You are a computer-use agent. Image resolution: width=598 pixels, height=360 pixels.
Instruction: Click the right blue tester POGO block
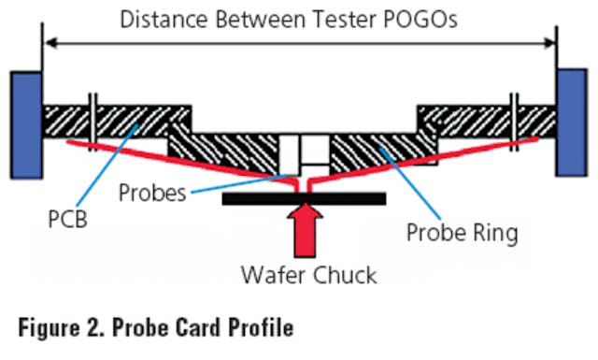click(x=571, y=122)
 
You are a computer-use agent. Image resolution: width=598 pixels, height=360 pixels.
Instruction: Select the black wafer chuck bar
click(x=304, y=198)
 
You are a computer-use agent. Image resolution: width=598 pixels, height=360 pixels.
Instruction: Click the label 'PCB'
click(x=64, y=225)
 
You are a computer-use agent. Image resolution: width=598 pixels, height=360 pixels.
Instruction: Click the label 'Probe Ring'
click(x=462, y=232)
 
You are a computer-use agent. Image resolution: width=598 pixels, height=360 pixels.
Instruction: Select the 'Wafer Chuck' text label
click(x=307, y=277)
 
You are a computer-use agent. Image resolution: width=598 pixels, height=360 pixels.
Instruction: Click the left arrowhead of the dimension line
click(x=52, y=41)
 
